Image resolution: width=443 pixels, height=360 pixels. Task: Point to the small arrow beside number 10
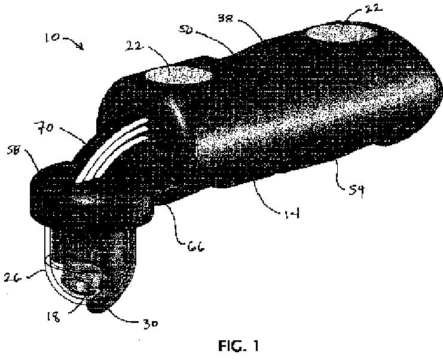coord(75,43)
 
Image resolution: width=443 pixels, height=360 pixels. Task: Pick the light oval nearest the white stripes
coord(178,76)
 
